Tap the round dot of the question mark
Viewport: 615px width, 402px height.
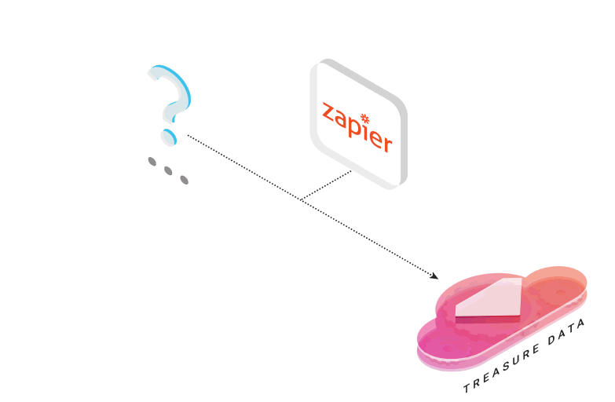pyautogui.click(x=169, y=137)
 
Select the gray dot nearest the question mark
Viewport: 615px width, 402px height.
pyautogui.click(x=152, y=162)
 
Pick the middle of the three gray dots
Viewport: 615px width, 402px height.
pyautogui.click(x=168, y=170)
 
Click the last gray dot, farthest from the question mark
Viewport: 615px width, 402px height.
pyautogui.click(x=185, y=180)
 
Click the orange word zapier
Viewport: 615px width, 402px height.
pyautogui.click(x=357, y=126)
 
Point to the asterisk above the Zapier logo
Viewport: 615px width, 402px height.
pyautogui.click(x=365, y=118)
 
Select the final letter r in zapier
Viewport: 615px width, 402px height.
pyautogui.click(x=387, y=144)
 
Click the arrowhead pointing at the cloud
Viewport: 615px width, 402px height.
pyautogui.click(x=434, y=276)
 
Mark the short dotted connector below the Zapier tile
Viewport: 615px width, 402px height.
pyautogui.click(x=326, y=185)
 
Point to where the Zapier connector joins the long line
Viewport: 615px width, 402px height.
pyautogui.click(x=301, y=200)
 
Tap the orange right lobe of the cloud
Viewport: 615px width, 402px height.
pyautogui.click(x=557, y=286)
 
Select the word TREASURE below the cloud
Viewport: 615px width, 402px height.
pyautogui.click(x=501, y=369)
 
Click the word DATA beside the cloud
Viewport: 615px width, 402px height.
pyautogui.click(x=567, y=331)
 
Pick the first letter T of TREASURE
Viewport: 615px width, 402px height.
pyautogui.click(x=467, y=389)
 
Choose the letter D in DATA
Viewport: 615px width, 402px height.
pyautogui.click(x=552, y=340)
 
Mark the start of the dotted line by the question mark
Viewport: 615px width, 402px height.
pyautogui.click(x=189, y=136)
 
